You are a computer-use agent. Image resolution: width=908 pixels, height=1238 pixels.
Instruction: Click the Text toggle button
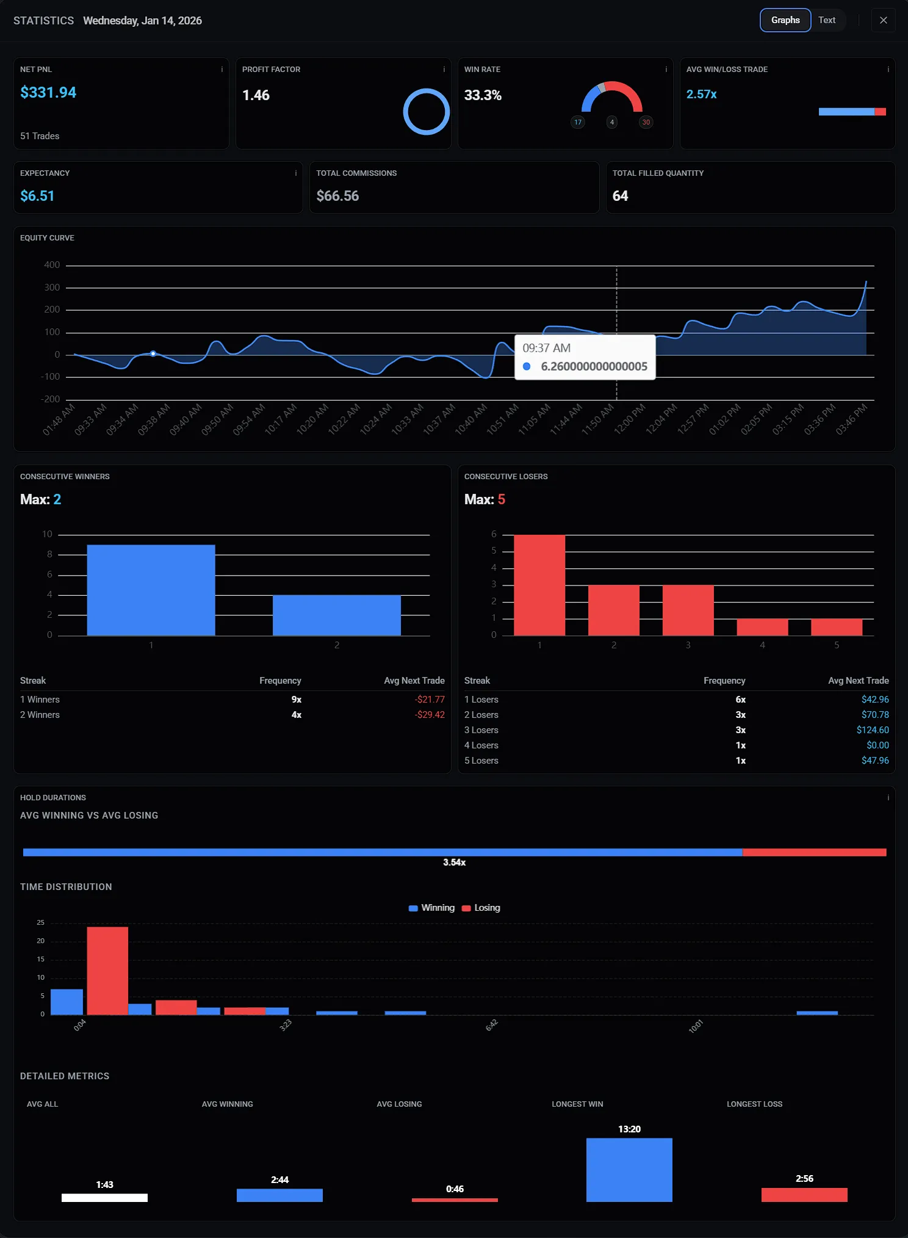[827, 20]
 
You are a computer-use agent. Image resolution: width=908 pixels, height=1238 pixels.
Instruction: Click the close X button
[883, 20]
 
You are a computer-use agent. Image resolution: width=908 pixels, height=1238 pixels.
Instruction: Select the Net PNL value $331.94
[48, 93]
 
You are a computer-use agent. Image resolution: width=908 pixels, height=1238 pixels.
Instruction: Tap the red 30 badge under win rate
[646, 122]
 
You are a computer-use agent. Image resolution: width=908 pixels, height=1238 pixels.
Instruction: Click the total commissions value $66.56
[337, 196]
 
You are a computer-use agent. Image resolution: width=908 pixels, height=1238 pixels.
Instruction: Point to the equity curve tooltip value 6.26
[593, 366]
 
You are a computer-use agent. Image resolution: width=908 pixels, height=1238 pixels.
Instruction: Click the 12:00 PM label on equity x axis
[630, 419]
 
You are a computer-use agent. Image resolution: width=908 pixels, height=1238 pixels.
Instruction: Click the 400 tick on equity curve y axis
[52, 265]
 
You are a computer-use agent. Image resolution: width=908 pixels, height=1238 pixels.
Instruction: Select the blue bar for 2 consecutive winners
[336, 615]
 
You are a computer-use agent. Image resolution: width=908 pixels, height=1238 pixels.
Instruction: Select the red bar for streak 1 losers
[539, 585]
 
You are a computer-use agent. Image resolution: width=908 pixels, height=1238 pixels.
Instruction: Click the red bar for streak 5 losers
[836, 627]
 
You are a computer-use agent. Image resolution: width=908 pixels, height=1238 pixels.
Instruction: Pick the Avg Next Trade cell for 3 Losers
[872, 730]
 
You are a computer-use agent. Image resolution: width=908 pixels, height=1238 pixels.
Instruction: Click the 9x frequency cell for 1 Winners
[296, 700]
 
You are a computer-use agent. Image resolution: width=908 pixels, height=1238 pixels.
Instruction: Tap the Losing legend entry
[481, 908]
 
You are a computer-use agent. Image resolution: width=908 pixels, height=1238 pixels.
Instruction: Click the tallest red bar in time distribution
[107, 971]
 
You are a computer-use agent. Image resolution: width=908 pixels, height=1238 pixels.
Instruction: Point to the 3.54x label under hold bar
[454, 863]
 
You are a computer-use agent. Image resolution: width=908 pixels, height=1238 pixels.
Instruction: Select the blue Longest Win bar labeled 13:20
[629, 1170]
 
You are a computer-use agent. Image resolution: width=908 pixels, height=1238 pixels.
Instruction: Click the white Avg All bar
[104, 1198]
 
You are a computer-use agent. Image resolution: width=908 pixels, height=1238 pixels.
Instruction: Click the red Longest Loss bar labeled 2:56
[804, 1195]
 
